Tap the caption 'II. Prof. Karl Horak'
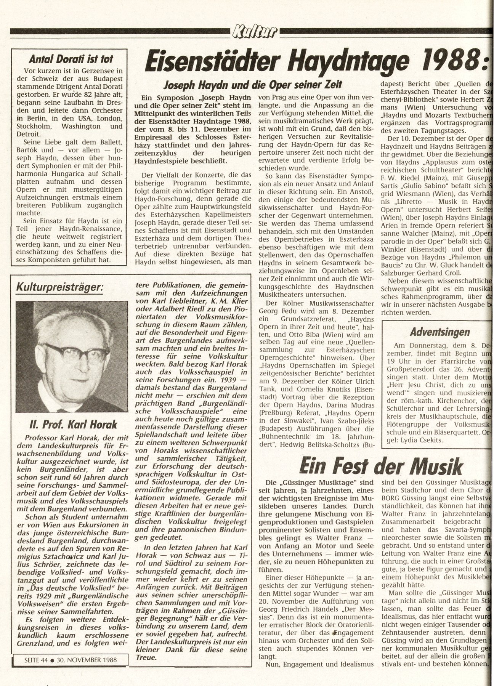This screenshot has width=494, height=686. [x=69, y=424]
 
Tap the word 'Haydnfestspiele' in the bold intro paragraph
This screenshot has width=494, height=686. [x=162, y=161]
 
